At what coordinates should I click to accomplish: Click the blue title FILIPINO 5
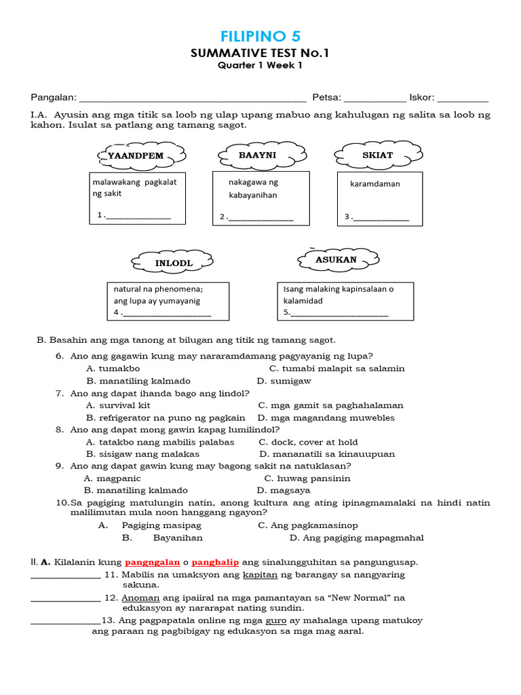click(260, 36)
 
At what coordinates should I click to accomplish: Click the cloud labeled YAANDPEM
click(136, 155)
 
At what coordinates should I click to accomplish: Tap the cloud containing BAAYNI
click(255, 155)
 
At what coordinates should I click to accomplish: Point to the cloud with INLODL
click(174, 263)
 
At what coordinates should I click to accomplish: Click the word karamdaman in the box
click(375, 184)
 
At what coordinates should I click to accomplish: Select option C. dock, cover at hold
click(308, 442)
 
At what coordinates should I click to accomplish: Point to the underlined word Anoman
click(140, 598)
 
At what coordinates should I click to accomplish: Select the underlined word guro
click(276, 621)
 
